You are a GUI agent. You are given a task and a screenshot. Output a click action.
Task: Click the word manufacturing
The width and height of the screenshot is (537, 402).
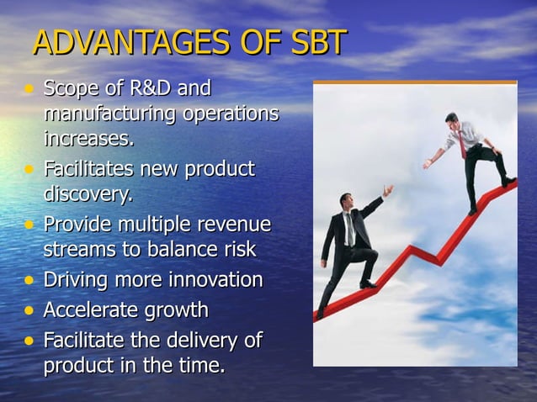coord(104,113)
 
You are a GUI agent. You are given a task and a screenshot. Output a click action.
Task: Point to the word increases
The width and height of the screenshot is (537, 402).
coord(89,136)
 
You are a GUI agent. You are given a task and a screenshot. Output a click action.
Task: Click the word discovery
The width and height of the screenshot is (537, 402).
coord(88,194)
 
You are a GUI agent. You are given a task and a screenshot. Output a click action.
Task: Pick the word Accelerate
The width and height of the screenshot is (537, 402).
coord(91,310)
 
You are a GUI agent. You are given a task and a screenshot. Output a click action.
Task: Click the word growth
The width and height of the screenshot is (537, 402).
coord(177,310)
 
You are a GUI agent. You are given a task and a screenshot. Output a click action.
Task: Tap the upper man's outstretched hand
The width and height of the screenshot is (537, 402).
coord(428,165)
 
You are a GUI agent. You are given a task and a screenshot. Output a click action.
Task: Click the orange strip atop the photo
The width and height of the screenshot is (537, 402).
coord(415,82)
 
